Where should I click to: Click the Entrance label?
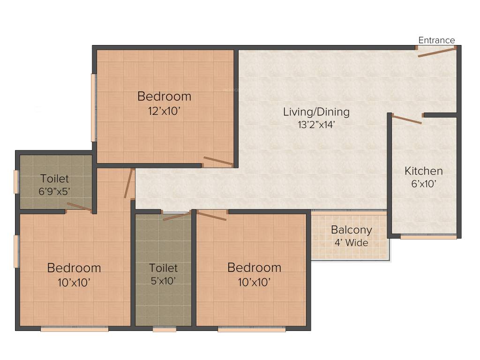(436, 40)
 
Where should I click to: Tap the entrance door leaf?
(436, 52)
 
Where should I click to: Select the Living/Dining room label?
(316, 112)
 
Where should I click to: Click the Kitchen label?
(423, 171)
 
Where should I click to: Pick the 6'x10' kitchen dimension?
(423, 184)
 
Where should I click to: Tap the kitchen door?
(407, 119)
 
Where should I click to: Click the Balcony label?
(351, 230)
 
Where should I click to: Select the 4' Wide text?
(351, 243)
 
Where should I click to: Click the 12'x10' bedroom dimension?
(164, 111)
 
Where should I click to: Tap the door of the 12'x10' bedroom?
(218, 161)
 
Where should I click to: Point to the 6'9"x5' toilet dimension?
(54, 191)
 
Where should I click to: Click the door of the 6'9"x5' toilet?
(79, 207)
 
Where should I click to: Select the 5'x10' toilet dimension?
(163, 281)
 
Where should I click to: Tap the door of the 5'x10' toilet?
(177, 216)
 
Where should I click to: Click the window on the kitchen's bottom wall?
(428, 237)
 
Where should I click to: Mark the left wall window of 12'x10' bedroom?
(94, 107)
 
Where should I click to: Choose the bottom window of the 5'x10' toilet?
(165, 330)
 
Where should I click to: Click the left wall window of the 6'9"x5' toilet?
(16, 181)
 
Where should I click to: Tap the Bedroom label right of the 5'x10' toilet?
(254, 268)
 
